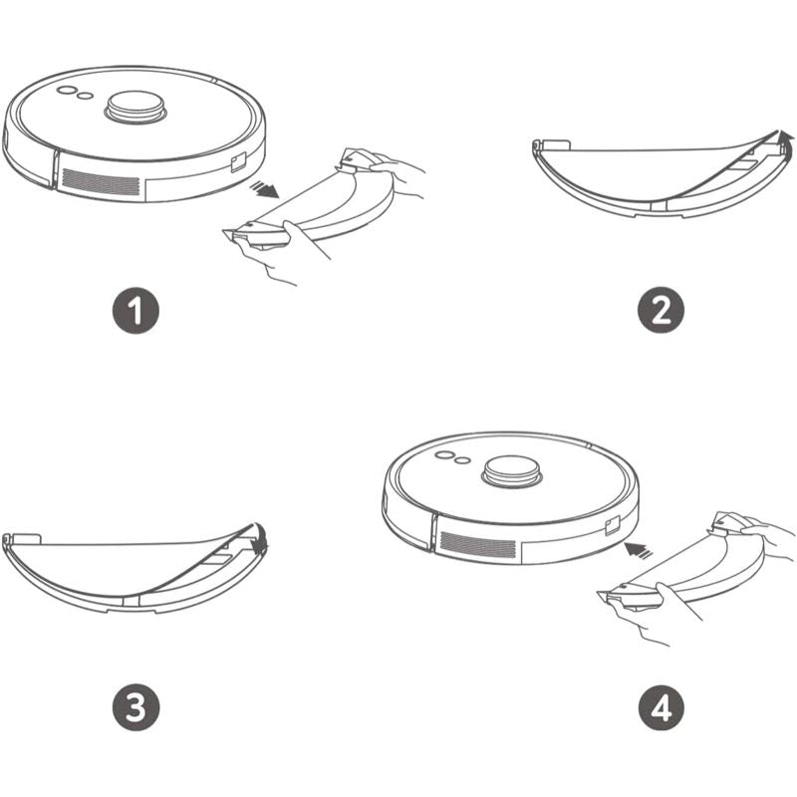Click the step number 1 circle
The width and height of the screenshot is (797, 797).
[135, 311]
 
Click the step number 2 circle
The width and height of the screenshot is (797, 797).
[661, 310]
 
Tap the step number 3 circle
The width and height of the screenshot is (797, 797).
[135, 707]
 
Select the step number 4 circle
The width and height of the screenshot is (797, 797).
[661, 707]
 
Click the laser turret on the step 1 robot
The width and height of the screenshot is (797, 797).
[135, 108]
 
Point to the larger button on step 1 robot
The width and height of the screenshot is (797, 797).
[66, 90]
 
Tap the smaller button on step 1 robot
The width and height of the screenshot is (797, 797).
[86, 96]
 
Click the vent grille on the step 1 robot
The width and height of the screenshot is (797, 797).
[101, 182]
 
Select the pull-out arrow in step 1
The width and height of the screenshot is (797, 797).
[264, 189]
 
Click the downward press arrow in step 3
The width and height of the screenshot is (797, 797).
[261, 539]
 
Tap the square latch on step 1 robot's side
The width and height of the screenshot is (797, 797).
[239, 163]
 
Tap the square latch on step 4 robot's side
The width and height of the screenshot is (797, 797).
[613, 526]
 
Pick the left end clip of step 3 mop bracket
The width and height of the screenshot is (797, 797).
[21, 539]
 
